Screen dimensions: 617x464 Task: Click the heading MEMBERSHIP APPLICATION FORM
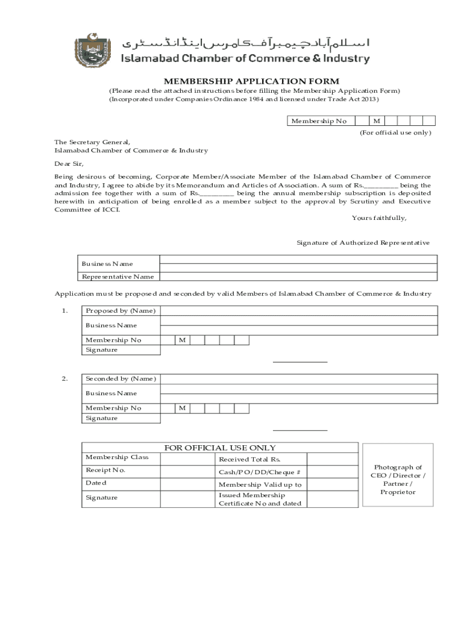coord(252,81)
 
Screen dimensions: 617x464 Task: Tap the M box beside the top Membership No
coord(376,121)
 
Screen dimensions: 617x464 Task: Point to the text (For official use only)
coord(395,133)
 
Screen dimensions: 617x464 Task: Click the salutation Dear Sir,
coord(69,163)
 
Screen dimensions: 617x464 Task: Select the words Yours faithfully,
coord(379,218)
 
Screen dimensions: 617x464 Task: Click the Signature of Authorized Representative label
coord(363,243)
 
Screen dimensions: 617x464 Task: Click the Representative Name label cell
coord(118,277)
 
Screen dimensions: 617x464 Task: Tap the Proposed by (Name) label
coord(121,311)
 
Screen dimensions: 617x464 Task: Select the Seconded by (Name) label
coord(121,379)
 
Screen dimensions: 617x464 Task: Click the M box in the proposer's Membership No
coord(182,340)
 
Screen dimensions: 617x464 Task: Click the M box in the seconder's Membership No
coord(182,409)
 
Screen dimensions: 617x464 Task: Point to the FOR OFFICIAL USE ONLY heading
coord(220,448)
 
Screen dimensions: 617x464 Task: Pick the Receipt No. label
coord(105,470)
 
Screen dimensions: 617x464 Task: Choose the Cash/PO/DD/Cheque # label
coord(259,472)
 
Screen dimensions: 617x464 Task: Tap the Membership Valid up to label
coord(260,485)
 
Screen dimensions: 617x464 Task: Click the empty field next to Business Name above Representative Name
coord(298,263)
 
